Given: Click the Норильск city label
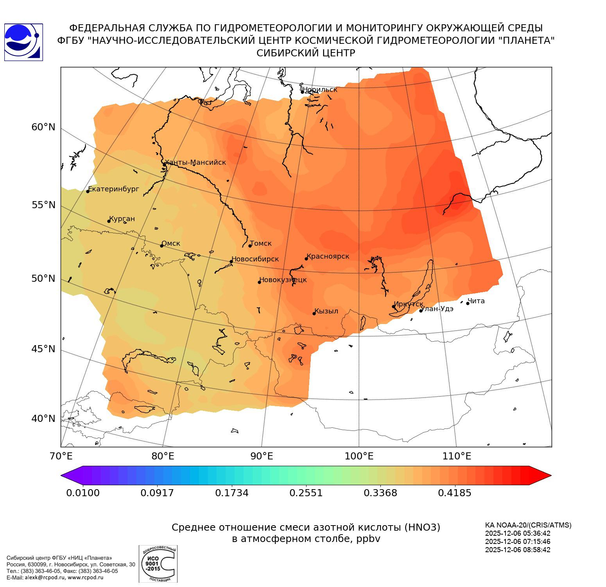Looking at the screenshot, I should (x=320, y=90).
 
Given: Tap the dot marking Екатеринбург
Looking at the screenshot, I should (x=88, y=191).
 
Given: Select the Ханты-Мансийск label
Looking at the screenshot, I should (x=195, y=162).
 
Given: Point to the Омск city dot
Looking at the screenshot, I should (x=161, y=246).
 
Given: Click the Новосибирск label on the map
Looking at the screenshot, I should (x=255, y=259).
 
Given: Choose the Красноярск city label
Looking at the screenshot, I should (x=328, y=256).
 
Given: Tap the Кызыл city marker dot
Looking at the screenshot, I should (x=314, y=313).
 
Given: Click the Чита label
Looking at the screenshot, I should (x=476, y=301).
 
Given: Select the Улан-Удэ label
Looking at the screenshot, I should (x=437, y=309).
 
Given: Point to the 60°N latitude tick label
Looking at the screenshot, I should (x=43, y=127).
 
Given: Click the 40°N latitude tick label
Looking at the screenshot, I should (x=43, y=419).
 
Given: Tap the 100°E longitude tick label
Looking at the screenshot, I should (x=359, y=456).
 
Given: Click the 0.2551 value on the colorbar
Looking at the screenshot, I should (x=306, y=493).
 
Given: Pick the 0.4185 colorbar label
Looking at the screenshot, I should (x=455, y=493).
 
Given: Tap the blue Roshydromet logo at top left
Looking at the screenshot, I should (x=23, y=42).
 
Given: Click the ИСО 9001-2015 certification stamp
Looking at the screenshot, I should (x=158, y=564).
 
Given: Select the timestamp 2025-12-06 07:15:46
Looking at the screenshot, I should (x=518, y=542).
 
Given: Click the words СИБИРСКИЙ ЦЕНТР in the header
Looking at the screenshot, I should (x=306, y=53).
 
